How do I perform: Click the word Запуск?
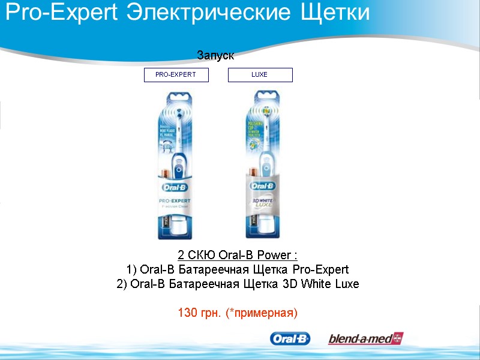point(215,56)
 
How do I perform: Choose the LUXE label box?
point(260,75)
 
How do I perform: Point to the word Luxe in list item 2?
point(346,284)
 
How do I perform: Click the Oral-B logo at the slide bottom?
point(290,339)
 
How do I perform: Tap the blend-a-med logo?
point(365,339)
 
